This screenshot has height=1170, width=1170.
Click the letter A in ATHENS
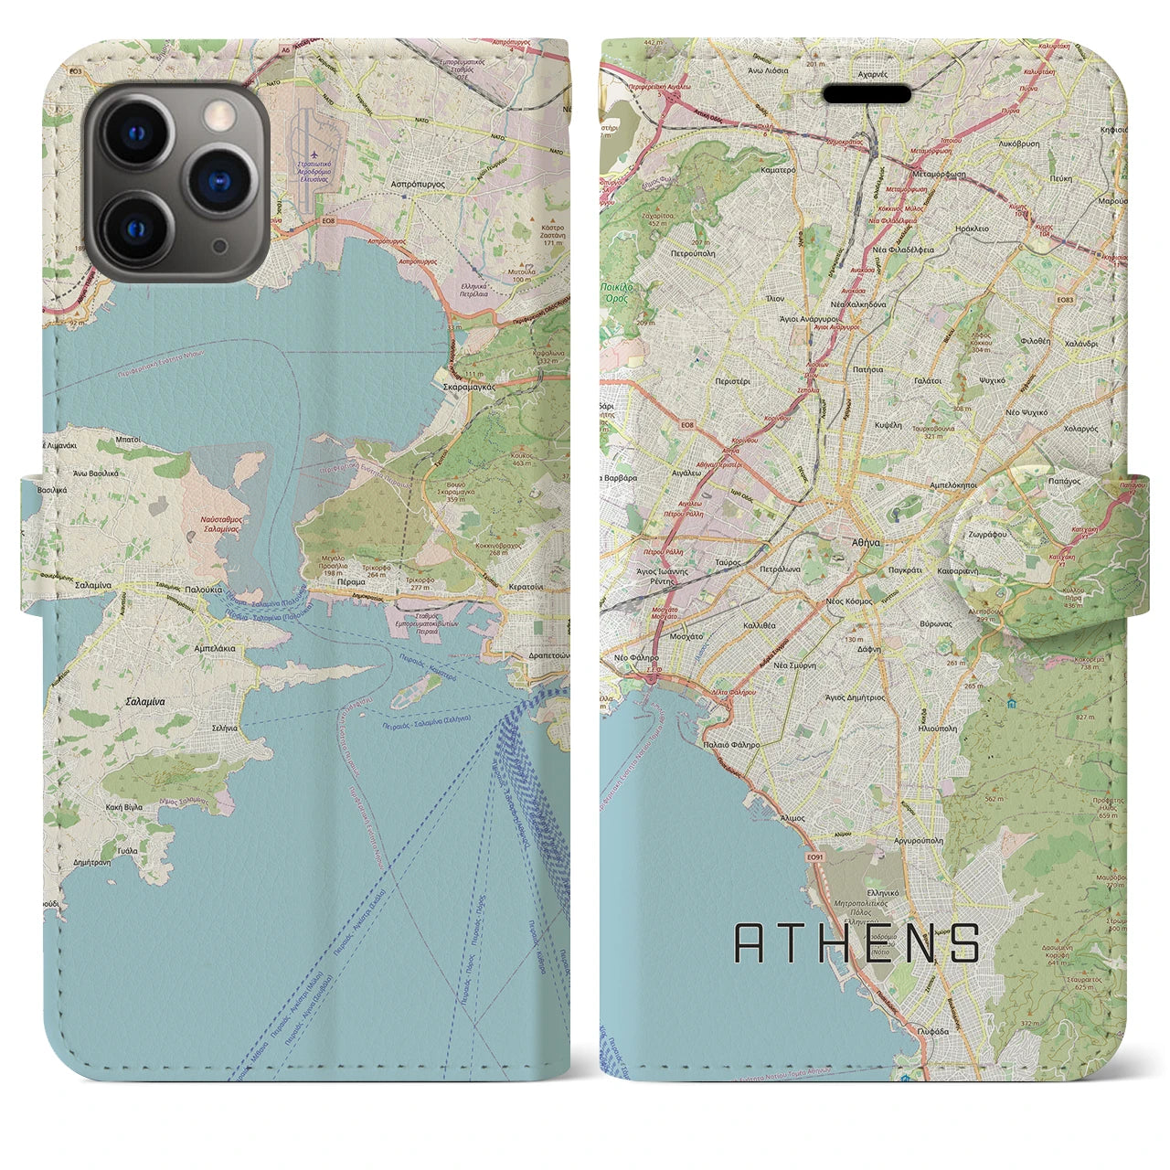pyautogui.click(x=750, y=942)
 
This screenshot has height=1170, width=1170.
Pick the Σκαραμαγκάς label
pyautogui.click(x=469, y=387)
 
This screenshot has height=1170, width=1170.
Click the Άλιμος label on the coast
pyautogui.click(x=792, y=818)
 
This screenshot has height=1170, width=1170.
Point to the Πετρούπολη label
pyautogui.click(x=693, y=253)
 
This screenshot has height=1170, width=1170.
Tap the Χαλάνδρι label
pyautogui.click(x=1080, y=344)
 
